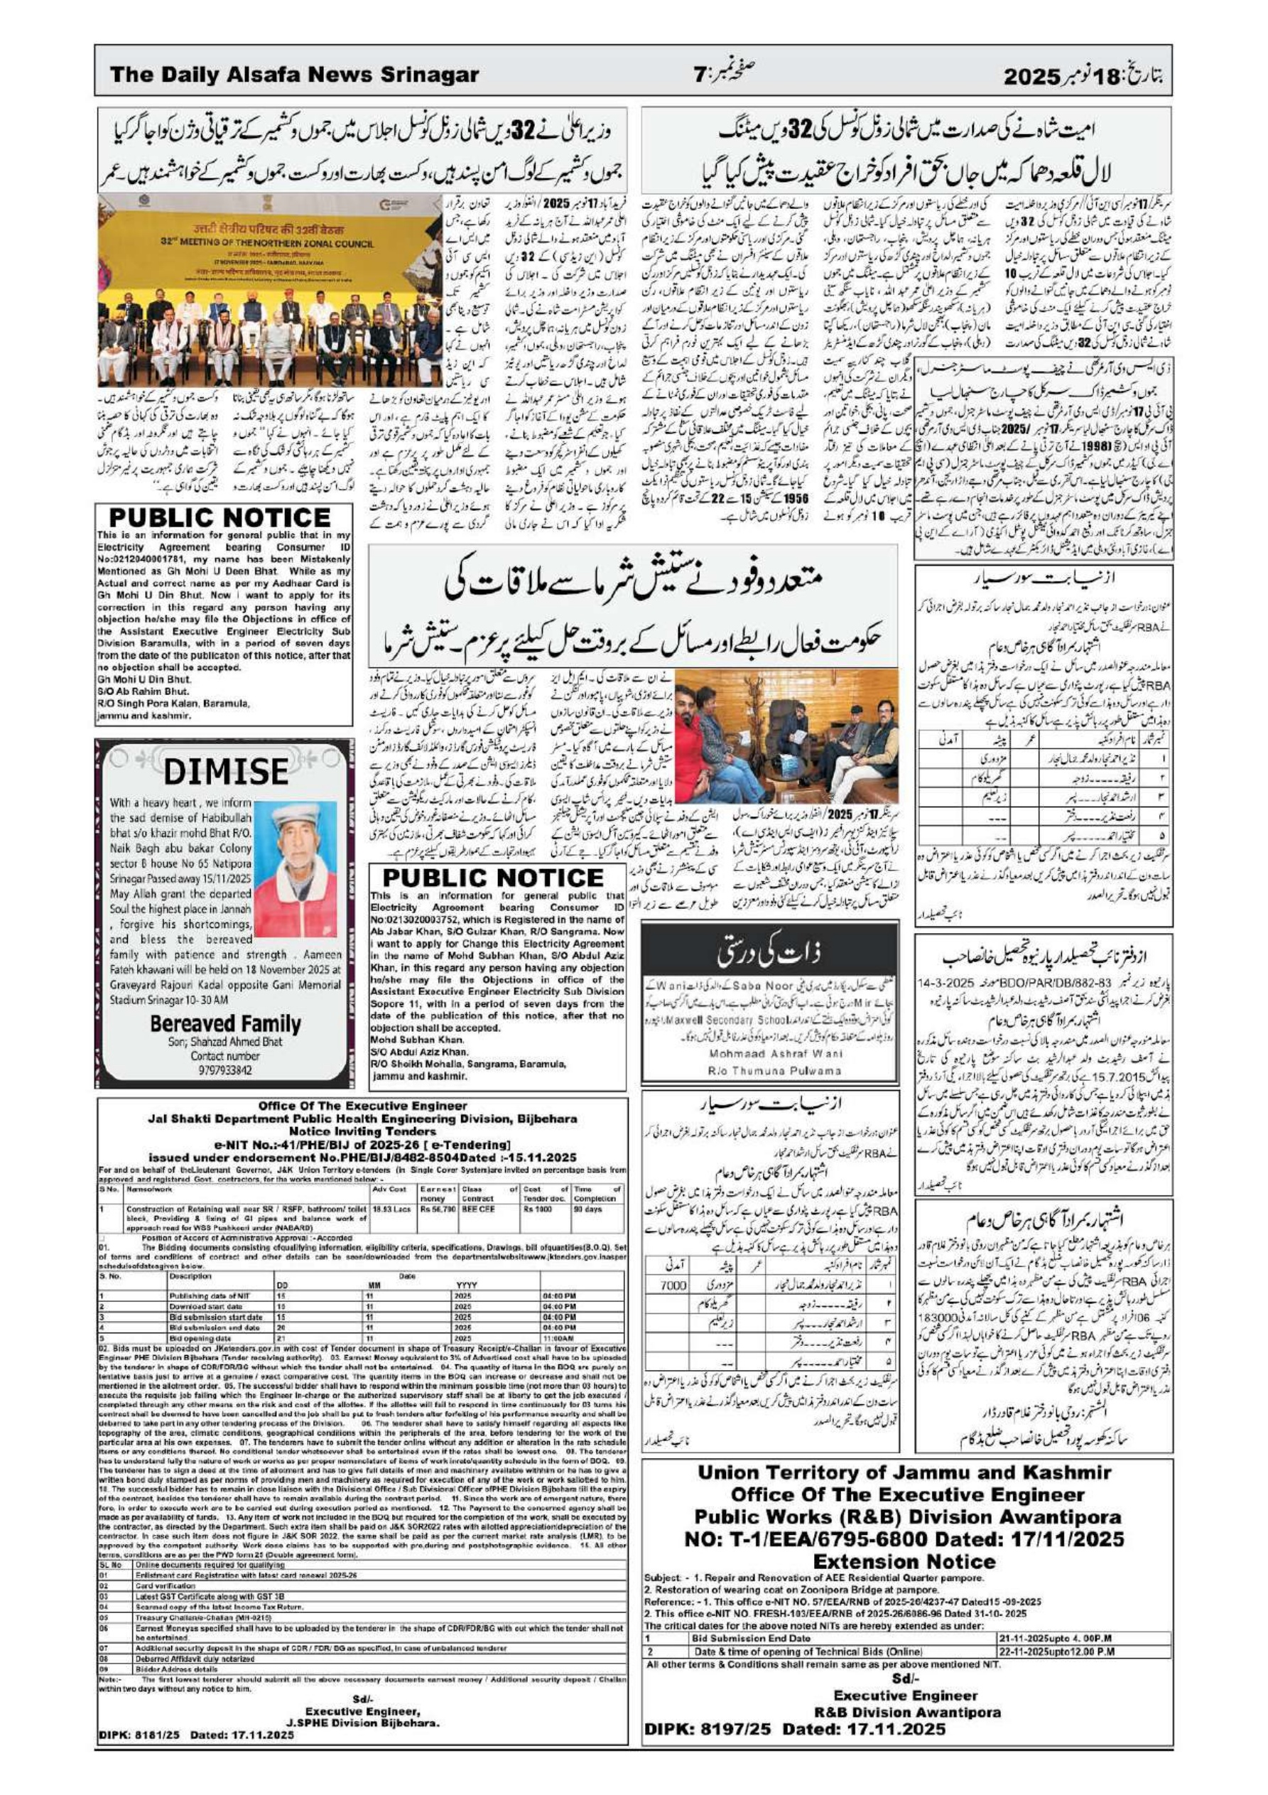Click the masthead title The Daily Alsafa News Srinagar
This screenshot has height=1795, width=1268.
pos(295,75)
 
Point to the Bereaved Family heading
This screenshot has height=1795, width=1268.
pos(224,1023)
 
